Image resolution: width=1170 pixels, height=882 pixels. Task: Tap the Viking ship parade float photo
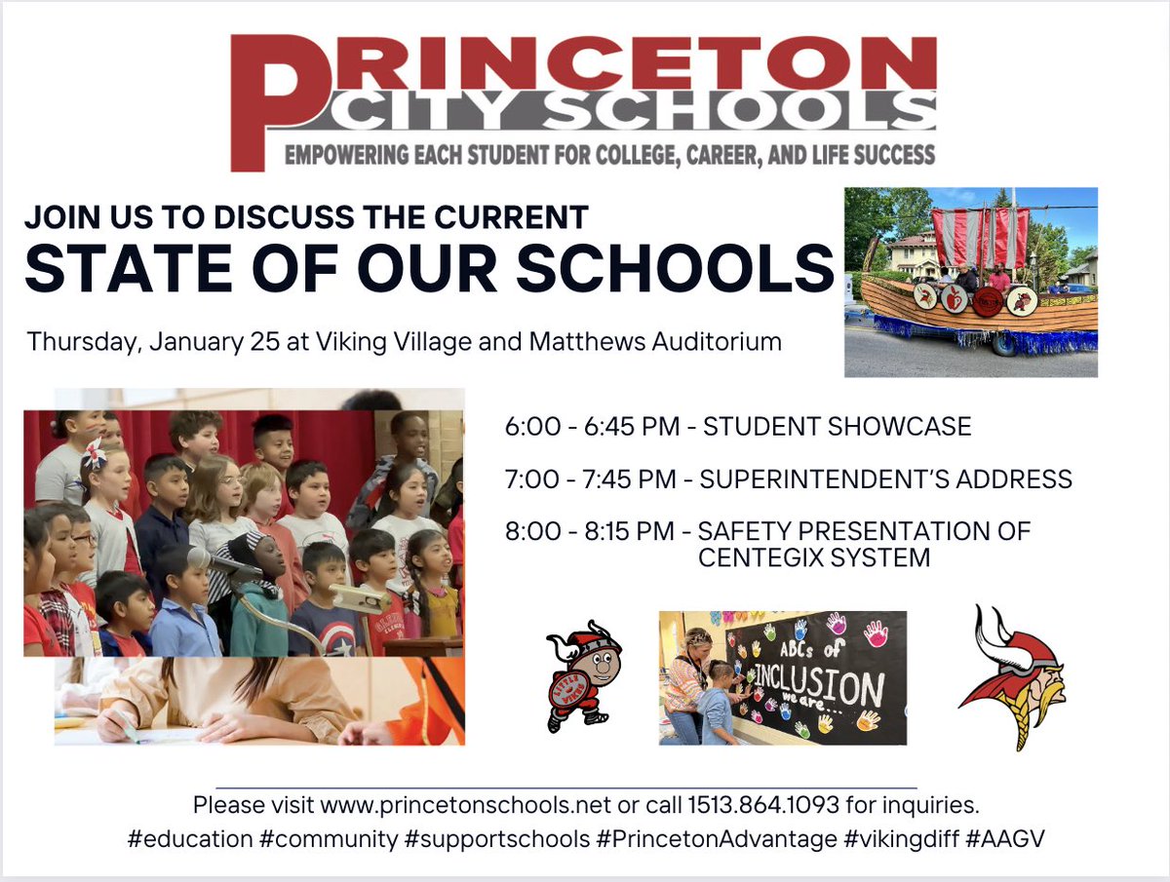[x=970, y=282]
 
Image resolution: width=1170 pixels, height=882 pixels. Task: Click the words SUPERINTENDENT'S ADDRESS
[x=885, y=479]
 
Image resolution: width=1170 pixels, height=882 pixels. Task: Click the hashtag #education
[x=189, y=839]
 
